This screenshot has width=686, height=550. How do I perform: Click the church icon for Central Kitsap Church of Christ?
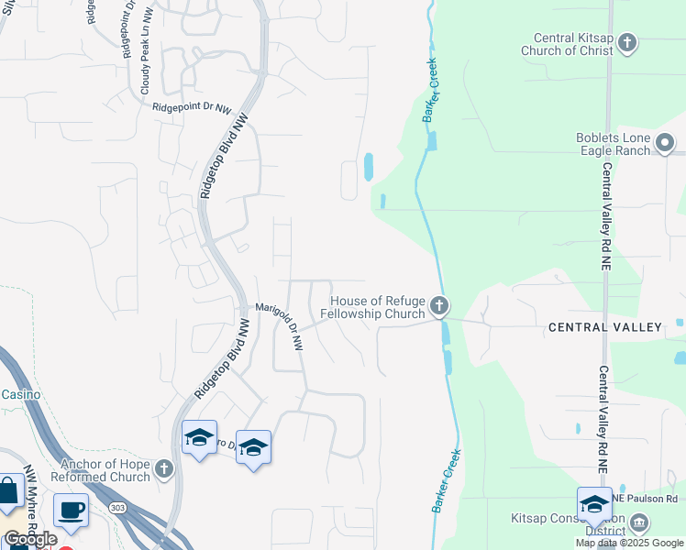click(x=627, y=42)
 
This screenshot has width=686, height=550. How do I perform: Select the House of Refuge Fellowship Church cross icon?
click(x=439, y=306)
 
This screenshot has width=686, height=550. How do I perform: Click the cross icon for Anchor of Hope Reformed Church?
click(x=164, y=470)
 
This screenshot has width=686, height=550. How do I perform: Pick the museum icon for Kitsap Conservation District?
click(x=639, y=523)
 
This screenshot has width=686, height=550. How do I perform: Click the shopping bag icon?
click(x=8, y=491)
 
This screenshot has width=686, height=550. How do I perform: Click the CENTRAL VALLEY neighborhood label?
click(x=604, y=327)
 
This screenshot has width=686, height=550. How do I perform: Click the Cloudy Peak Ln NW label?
click(x=145, y=56)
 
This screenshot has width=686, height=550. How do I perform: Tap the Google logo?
click(x=30, y=539)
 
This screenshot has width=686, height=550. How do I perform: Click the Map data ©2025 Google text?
click(x=628, y=543)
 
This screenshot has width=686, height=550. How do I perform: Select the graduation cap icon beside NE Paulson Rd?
click(x=594, y=504)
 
